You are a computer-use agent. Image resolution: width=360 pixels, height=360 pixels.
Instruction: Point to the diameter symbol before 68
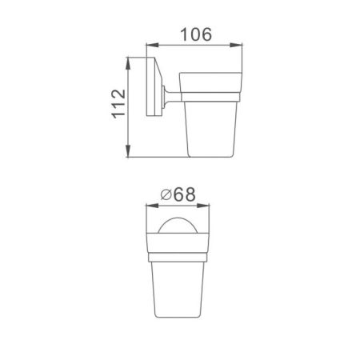point(166,194)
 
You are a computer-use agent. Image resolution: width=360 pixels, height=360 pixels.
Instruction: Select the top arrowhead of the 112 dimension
point(129,58)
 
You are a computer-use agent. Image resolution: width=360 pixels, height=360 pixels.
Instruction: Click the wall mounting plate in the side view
point(150,89)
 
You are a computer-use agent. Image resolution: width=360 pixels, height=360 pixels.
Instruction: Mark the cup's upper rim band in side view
point(210,86)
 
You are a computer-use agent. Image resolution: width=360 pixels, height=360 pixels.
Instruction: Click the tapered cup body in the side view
point(210,128)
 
